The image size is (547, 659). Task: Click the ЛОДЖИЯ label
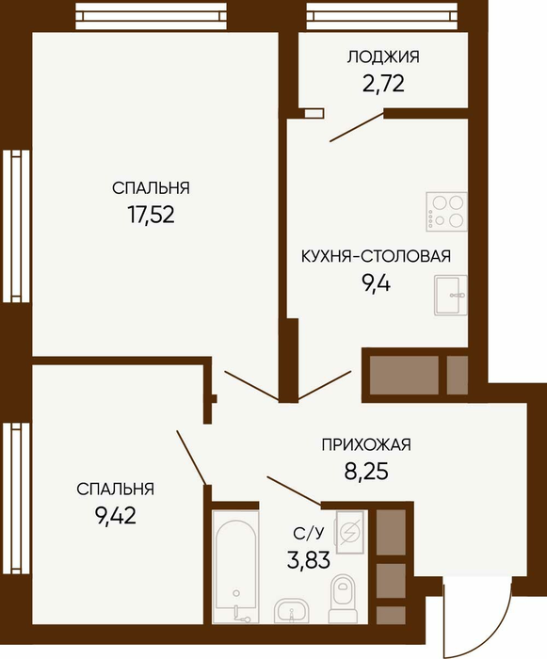click(383, 56)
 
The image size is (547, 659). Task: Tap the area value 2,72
click(383, 83)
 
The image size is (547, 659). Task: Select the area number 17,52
click(151, 215)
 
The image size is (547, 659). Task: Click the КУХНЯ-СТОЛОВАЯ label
click(376, 256)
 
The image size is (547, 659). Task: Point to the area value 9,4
click(376, 283)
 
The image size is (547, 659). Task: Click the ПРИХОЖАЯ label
click(366, 444)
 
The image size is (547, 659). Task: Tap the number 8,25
click(366, 471)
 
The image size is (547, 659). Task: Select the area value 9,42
click(116, 516)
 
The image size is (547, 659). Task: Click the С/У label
click(309, 533)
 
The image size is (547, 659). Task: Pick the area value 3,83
click(309, 560)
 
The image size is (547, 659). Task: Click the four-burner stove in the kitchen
click(446, 212)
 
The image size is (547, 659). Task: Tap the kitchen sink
click(450, 295)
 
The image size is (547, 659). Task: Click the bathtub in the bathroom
click(234, 567)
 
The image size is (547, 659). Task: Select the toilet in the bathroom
click(344, 599)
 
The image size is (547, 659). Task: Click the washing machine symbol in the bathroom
click(349, 532)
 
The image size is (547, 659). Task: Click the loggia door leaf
click(357, 126)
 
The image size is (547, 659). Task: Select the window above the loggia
click(382, 16)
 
